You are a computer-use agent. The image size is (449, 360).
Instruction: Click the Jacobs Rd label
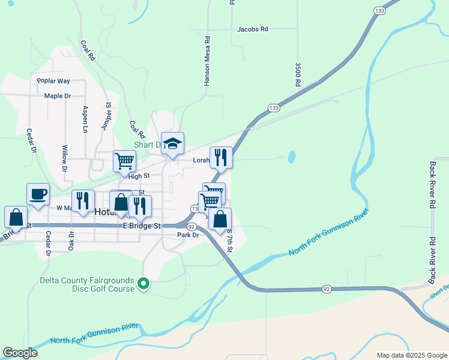[253, 29]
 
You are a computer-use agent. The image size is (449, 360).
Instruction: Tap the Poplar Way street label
[53, 81]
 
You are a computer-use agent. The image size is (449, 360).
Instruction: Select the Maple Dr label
[58, 96]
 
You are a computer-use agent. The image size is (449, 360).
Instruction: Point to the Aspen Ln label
[85, 119]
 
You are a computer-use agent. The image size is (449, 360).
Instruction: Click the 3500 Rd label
[297, 75]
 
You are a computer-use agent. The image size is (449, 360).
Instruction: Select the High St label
[138, 176]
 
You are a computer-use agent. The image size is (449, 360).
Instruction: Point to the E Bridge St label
[142, 226]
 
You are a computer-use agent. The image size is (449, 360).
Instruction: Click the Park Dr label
[188, 235]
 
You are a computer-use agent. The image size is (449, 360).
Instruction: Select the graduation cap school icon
[172, 143]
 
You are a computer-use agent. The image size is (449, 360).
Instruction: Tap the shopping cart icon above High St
[124, 161]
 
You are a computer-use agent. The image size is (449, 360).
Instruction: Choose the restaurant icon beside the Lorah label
[221, 158]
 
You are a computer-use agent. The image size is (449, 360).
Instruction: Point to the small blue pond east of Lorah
[292, 157]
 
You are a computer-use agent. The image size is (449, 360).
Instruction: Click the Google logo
[20, 353]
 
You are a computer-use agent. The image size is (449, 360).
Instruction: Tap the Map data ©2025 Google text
[411, 355]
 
